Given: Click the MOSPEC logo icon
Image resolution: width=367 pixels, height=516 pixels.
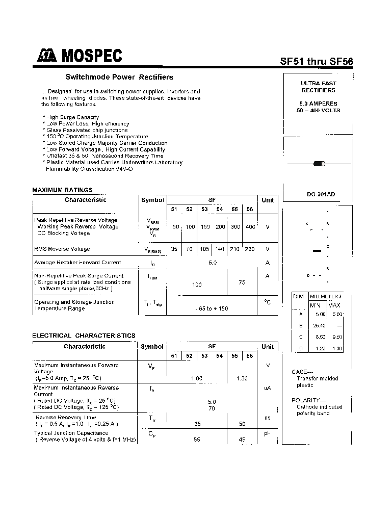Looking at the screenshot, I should point(47,56).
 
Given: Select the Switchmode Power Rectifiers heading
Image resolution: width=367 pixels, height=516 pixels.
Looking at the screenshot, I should point(119,77).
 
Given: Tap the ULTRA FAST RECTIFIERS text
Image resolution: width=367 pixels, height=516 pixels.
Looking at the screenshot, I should point(318,87).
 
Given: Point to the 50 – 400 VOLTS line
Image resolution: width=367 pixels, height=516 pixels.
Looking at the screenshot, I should point(318,110).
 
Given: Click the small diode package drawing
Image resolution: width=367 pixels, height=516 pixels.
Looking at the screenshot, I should point(319,164).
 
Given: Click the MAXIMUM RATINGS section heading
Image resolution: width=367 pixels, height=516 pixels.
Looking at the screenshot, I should point(62,190).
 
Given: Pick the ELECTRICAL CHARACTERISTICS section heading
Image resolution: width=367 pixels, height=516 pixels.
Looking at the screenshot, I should point(84,336).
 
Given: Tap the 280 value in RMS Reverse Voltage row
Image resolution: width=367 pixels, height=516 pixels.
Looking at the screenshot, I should point(250,249).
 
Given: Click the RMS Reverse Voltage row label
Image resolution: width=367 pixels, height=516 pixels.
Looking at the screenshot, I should point(62,249).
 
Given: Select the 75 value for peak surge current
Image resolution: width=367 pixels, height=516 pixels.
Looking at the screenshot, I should point(242,282).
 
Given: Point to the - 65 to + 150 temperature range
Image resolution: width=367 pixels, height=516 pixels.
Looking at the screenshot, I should point(212,309).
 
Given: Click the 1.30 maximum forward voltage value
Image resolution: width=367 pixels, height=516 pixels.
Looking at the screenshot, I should point(242,378).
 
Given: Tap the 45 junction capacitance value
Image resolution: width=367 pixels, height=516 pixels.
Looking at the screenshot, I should point(242,440).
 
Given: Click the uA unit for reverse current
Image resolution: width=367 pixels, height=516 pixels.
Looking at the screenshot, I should point(267,388).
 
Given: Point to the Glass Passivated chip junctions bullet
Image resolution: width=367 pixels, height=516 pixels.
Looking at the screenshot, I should point(87,130).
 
